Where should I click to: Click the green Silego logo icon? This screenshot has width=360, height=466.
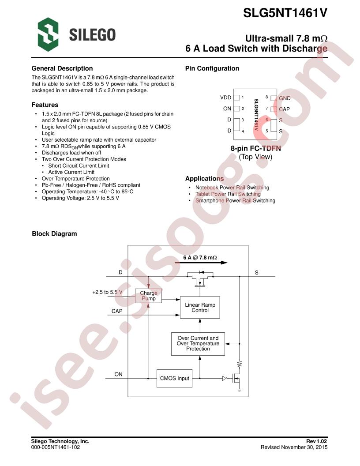[48, 34]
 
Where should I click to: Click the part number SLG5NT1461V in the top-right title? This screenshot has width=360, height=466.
[285, 13]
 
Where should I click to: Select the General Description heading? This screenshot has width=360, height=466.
[62, 68]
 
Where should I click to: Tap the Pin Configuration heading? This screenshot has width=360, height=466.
[212, 68]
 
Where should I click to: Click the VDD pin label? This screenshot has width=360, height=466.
[225, 98]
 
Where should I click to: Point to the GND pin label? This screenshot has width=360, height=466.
[285, 98]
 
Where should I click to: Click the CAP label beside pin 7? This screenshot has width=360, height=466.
[284, 109]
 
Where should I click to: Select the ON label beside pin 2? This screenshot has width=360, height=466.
[227, 109]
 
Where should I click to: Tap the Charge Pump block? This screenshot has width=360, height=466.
[148, 296]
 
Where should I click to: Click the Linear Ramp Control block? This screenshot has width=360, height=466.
[200, 307]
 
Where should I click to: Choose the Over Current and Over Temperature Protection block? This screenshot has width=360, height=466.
[198, 344]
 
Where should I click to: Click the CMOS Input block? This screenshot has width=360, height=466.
[174, 378]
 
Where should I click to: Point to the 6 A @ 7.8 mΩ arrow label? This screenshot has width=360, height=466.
[200, 257]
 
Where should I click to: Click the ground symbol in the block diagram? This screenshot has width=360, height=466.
[239, 389]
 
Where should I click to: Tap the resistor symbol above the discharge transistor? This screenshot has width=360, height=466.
[240, 364]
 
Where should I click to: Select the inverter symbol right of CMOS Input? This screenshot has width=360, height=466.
[225, 378]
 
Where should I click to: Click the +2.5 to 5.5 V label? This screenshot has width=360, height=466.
[107, 292]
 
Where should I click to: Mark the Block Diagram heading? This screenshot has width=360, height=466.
[54, 234]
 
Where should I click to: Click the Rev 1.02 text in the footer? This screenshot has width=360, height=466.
[317, 441]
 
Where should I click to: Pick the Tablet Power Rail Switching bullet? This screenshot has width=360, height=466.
[228, 194]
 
